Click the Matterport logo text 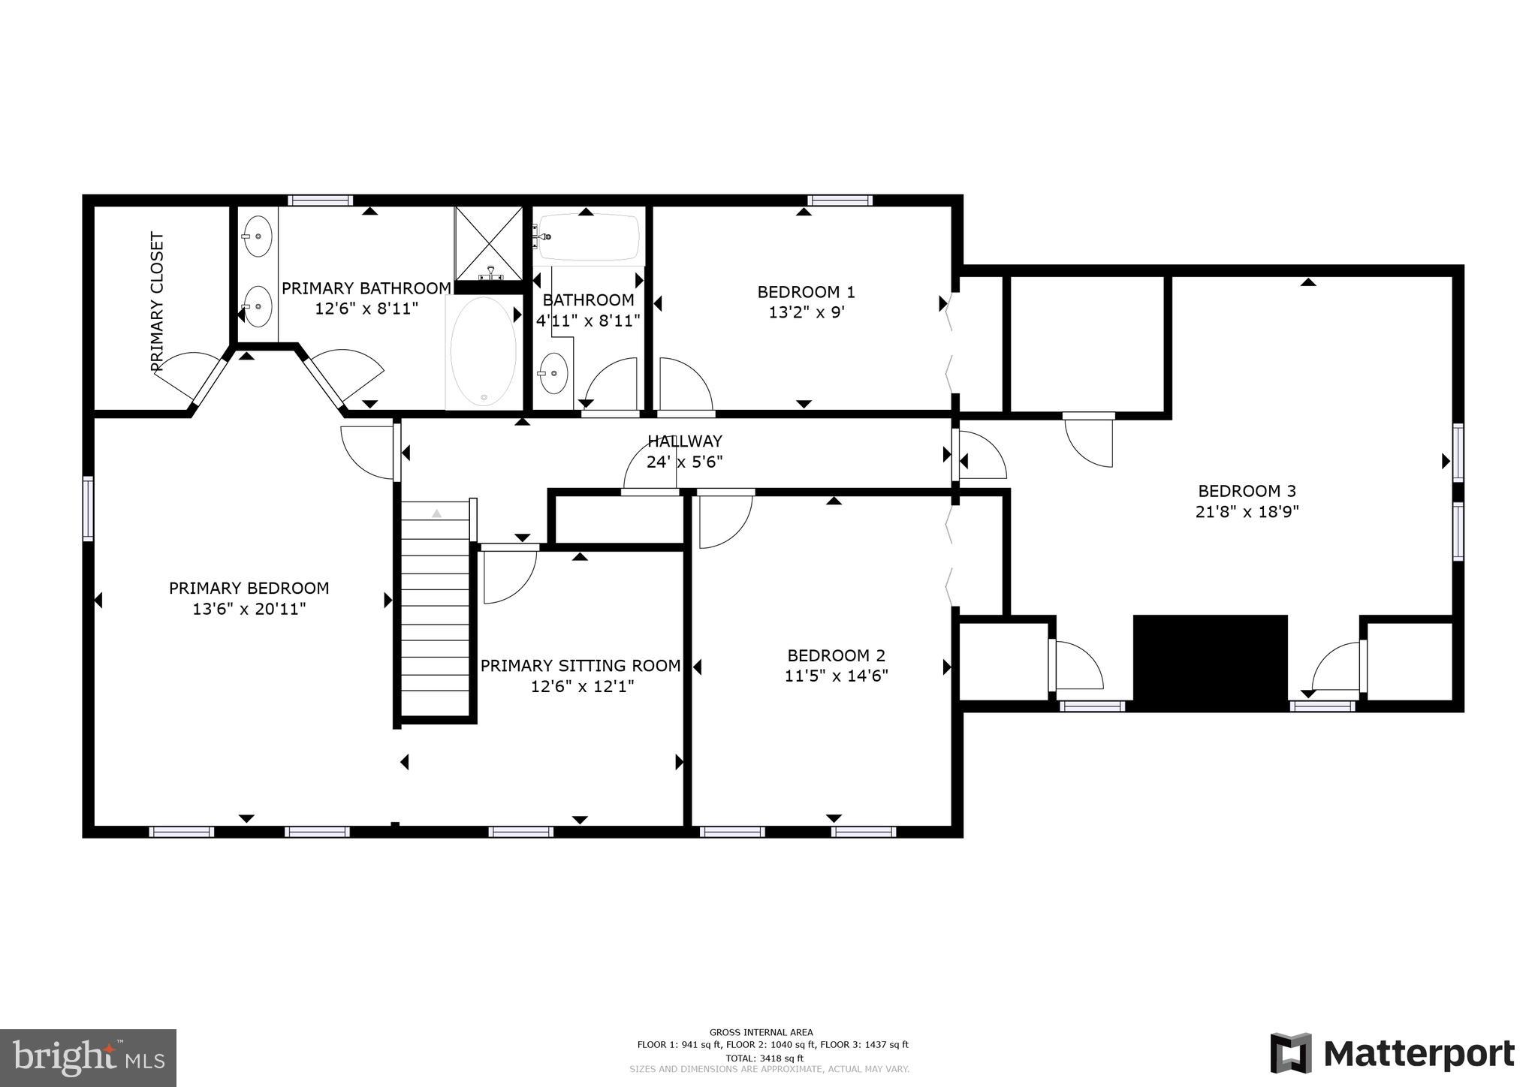1418,1054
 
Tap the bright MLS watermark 88,1058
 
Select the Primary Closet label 157,302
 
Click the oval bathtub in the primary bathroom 483,351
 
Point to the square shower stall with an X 489,242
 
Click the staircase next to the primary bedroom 435,608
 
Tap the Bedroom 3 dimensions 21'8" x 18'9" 1247,512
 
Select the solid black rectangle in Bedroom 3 1210,661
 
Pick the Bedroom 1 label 806,292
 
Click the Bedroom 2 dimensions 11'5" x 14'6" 836,676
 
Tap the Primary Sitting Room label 581,666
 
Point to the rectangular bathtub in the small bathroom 589,237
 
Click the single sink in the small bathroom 554,373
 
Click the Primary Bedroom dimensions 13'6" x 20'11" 249,609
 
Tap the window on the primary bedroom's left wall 89,508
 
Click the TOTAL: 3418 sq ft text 761,1058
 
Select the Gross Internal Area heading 761,1032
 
